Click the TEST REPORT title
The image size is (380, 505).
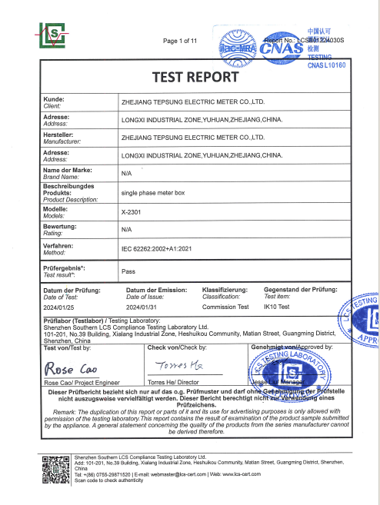(x=190, y=78)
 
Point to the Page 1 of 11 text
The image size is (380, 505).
(x=181, y=40)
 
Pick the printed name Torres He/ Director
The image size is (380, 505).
(x=173, y=381)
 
